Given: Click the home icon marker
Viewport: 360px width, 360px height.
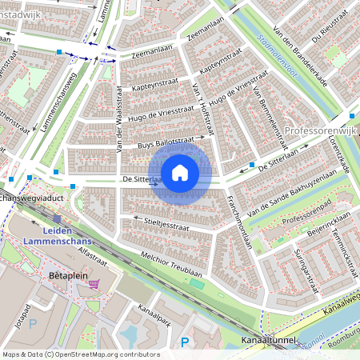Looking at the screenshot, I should click(180, 172).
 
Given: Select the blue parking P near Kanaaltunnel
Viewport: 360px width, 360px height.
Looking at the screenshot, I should click(185, 342).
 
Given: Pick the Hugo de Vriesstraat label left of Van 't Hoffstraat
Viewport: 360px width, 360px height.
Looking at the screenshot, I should click(163, 114).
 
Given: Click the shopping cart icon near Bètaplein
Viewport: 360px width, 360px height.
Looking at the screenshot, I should click(94, 283).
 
